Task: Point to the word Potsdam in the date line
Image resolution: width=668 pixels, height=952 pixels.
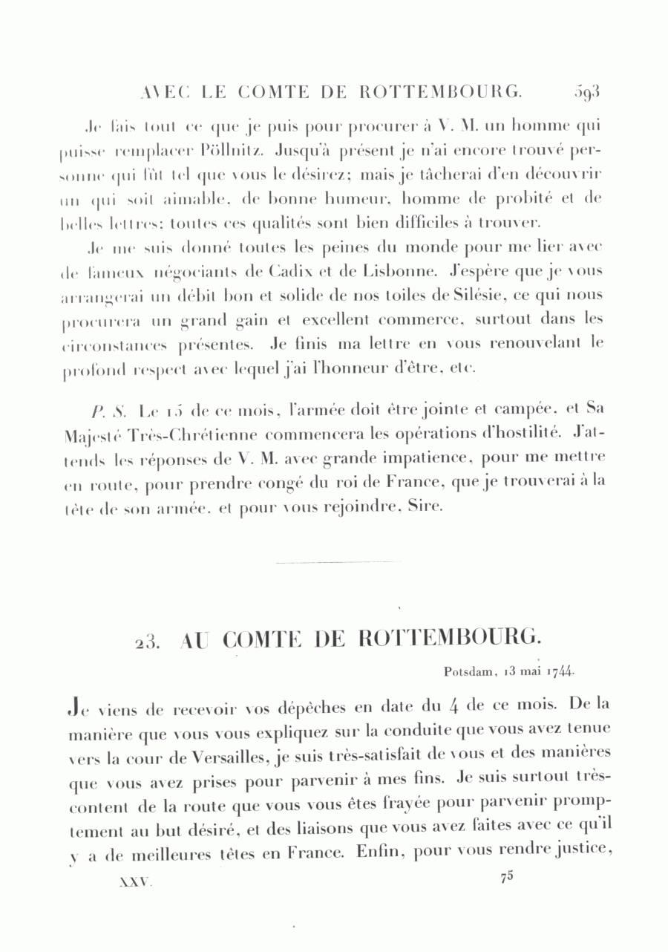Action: click(469, 672)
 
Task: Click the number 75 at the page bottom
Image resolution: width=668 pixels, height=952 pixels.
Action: click(507, 876)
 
